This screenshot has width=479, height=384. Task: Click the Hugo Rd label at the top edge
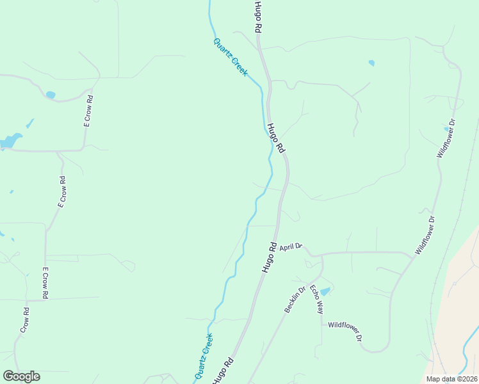(x=257, y=17)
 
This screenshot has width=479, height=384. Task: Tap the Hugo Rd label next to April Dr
(x=270, y=257)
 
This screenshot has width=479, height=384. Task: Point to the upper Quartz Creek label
(x=230, y=58)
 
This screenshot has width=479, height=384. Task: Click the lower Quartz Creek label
(x=203, y=356)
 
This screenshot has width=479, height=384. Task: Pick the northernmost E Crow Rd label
(x=88, y=111)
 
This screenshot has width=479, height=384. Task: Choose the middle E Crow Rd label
(x=62, y=192)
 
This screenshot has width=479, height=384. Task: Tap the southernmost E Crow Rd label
(x=45, y=284)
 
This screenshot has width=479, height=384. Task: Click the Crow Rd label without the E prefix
(x=25, y=320)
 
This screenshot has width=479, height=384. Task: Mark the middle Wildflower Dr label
(x=425, y=236)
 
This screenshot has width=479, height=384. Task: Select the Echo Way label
(x=316, y=300)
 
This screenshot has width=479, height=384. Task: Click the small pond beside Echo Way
(x=325, y=292)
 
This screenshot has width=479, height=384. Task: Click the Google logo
(x=21, y=376)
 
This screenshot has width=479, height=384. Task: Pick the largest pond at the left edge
(x=11, y=140)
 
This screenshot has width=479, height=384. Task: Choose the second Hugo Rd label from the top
(x=275, y=138)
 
